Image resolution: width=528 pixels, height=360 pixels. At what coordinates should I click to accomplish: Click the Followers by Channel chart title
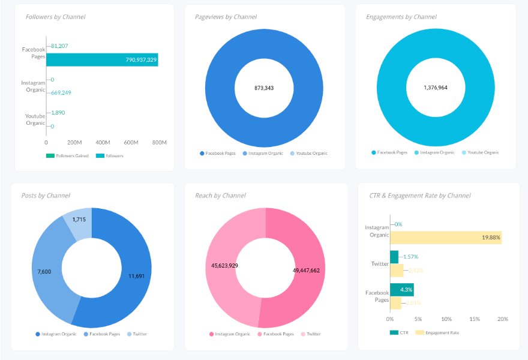[x=55, y=17]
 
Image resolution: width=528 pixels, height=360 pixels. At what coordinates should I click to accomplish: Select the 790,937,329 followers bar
[x=101, y=59]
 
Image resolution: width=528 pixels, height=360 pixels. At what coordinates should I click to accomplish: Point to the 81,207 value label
[x=59, y=46]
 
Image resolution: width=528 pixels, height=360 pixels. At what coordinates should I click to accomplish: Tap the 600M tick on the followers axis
[x=131, y=142]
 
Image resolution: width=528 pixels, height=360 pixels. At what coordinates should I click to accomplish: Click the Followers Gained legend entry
[x=67, y=156]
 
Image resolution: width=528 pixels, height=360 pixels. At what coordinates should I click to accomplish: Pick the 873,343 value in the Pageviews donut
[x=264, y=88]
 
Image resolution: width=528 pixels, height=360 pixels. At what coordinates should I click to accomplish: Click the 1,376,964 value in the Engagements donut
[x=435, y=88]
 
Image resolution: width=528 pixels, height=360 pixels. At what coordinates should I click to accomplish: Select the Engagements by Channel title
[x=401, y=17]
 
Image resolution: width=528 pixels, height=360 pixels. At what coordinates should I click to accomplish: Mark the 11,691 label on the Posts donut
[x=136, y=276]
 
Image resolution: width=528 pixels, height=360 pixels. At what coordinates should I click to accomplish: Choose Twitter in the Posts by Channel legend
[x=139, y=334]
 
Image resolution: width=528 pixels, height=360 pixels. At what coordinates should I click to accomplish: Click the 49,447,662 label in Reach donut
[x=306, y=271]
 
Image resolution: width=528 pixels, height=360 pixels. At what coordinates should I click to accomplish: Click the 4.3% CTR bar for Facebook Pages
[x=401, y=290]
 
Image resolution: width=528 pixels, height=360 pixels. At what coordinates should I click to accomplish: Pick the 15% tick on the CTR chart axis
[x=475, y=319]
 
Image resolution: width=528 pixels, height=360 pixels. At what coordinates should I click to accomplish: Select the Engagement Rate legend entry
[x=442, y=332]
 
